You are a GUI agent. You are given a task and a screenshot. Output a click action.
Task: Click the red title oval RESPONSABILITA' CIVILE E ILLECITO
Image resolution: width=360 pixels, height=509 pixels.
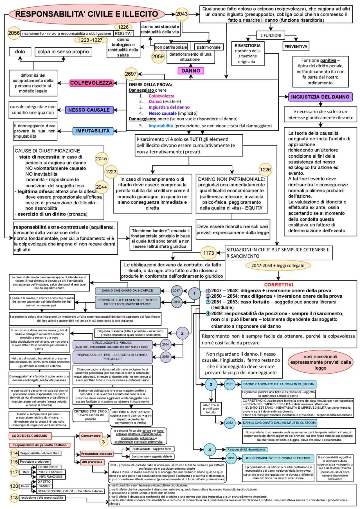pos(86,14)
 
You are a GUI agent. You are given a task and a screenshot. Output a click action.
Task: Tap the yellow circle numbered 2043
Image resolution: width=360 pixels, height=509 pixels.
pos(182,14)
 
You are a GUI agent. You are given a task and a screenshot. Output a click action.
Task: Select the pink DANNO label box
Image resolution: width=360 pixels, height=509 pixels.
pos(191,71)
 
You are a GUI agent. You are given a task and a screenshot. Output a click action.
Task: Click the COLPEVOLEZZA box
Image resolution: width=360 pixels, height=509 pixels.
pos(91,83)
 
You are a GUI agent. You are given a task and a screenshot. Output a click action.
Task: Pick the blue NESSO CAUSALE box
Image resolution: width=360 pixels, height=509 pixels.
pos(89,110)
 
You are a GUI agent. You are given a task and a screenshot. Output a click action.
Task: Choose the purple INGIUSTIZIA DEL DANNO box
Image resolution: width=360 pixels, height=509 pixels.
pos(320,97)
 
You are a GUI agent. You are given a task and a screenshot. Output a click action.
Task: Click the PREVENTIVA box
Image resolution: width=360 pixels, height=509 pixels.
pos(296,46)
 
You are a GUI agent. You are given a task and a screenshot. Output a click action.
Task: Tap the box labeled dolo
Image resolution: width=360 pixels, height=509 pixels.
pos(20,52)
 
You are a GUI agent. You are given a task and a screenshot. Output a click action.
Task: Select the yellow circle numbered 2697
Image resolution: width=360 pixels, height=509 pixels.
pos(131,74)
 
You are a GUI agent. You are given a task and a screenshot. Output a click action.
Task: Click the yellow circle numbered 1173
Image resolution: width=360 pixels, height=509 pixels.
pos(209,253)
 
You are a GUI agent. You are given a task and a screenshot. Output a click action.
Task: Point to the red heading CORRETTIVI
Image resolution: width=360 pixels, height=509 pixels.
pos(278,285)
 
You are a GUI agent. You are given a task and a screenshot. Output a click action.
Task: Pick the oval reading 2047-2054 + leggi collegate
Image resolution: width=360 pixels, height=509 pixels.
pos(278,265)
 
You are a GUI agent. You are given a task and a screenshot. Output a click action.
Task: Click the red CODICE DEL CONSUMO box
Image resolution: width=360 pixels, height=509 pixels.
pos(30,436)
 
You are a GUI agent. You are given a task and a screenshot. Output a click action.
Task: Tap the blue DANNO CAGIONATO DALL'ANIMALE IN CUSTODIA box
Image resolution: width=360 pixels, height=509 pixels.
pos(280,422)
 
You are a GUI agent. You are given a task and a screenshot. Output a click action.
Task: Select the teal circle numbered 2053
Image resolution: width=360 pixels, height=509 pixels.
pos(231,458)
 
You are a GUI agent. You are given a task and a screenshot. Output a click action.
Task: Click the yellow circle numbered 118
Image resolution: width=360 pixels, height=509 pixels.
pos(14,498)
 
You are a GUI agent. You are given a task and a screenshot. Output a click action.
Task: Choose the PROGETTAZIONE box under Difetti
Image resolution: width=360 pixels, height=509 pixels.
pos(51,472)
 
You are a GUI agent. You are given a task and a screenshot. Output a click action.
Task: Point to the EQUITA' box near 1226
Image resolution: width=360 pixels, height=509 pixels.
pos(123,33)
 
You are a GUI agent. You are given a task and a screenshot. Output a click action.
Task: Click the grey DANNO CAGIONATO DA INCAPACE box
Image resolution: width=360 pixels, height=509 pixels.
pos(127,291)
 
